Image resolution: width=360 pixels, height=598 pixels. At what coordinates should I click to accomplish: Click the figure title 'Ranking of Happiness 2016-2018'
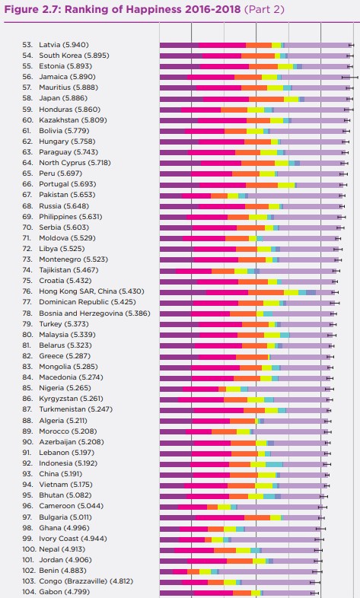[x=153, y=9]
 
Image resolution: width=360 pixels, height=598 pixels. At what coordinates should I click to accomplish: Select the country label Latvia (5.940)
[x=64, y=45]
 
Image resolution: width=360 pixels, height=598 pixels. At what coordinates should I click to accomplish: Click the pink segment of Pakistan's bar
[x=196, y=196]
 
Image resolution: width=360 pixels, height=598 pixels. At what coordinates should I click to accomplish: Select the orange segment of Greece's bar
[x=252, y=358]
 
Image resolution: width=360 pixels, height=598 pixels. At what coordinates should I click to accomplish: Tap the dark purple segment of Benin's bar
[x=166, y=571]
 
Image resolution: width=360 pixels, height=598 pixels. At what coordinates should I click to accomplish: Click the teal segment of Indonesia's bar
[x=274, y=465]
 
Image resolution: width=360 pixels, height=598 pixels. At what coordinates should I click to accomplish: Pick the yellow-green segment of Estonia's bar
[x=285, y=66]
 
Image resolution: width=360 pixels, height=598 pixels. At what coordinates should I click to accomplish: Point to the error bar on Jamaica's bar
[x=349, y=77]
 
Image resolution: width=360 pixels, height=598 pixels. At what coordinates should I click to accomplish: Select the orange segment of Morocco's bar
[x=225, y=431]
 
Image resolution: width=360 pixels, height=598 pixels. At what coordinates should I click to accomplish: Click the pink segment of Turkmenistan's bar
[x=218, y=410]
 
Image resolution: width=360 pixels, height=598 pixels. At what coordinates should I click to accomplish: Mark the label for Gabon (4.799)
[x=65, y=592]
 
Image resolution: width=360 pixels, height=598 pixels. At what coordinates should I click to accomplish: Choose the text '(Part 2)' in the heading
[x=264, y=9]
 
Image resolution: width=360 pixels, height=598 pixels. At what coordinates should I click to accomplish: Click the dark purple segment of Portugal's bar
[x=180, y=186]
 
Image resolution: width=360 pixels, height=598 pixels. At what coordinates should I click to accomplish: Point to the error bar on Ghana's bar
[x=320, y=530]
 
